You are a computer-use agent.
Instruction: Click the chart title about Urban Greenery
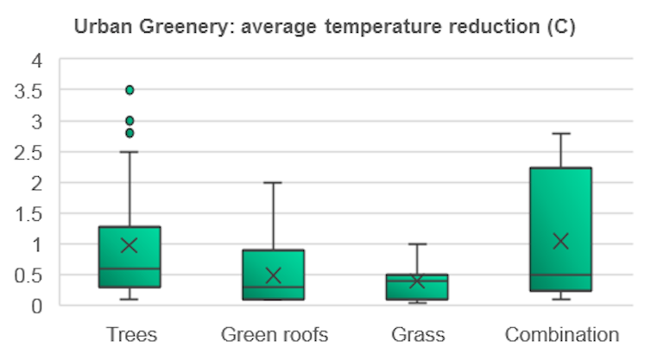(325, 27)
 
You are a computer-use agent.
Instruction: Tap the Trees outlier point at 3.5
(130, 90)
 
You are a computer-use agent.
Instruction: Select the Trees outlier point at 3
(130, 121)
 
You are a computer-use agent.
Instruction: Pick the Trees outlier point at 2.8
(130, 133)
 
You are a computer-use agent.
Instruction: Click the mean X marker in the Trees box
(130, 245)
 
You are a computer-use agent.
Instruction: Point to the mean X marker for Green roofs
(273, 275)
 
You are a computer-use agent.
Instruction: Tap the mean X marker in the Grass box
(417, 281)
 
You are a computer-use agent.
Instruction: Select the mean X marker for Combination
(560, 241)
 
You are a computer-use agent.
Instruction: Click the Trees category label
(130, 335)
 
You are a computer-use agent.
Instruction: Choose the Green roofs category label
(274, 335)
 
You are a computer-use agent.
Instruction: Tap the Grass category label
(417, 335)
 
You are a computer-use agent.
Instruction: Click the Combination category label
(561, 335)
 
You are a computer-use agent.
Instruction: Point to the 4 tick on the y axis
(36, 60)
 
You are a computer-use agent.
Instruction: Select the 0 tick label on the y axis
(36, 306)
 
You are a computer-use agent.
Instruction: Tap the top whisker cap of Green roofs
(273, 183)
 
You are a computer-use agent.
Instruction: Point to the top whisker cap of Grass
(417, 244)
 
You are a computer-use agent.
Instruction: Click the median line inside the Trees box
(130, 268)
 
